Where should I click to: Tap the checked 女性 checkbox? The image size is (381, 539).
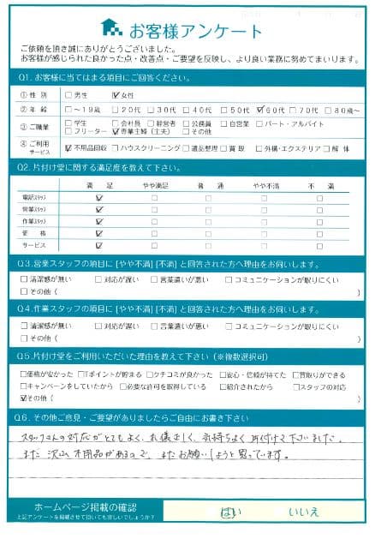pyautogui.click(x=116, y=95)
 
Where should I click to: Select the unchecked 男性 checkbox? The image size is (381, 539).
pyautogui.click(x=68, y=95)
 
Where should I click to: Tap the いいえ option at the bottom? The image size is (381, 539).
pyautogui.click(x=302, y=512)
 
